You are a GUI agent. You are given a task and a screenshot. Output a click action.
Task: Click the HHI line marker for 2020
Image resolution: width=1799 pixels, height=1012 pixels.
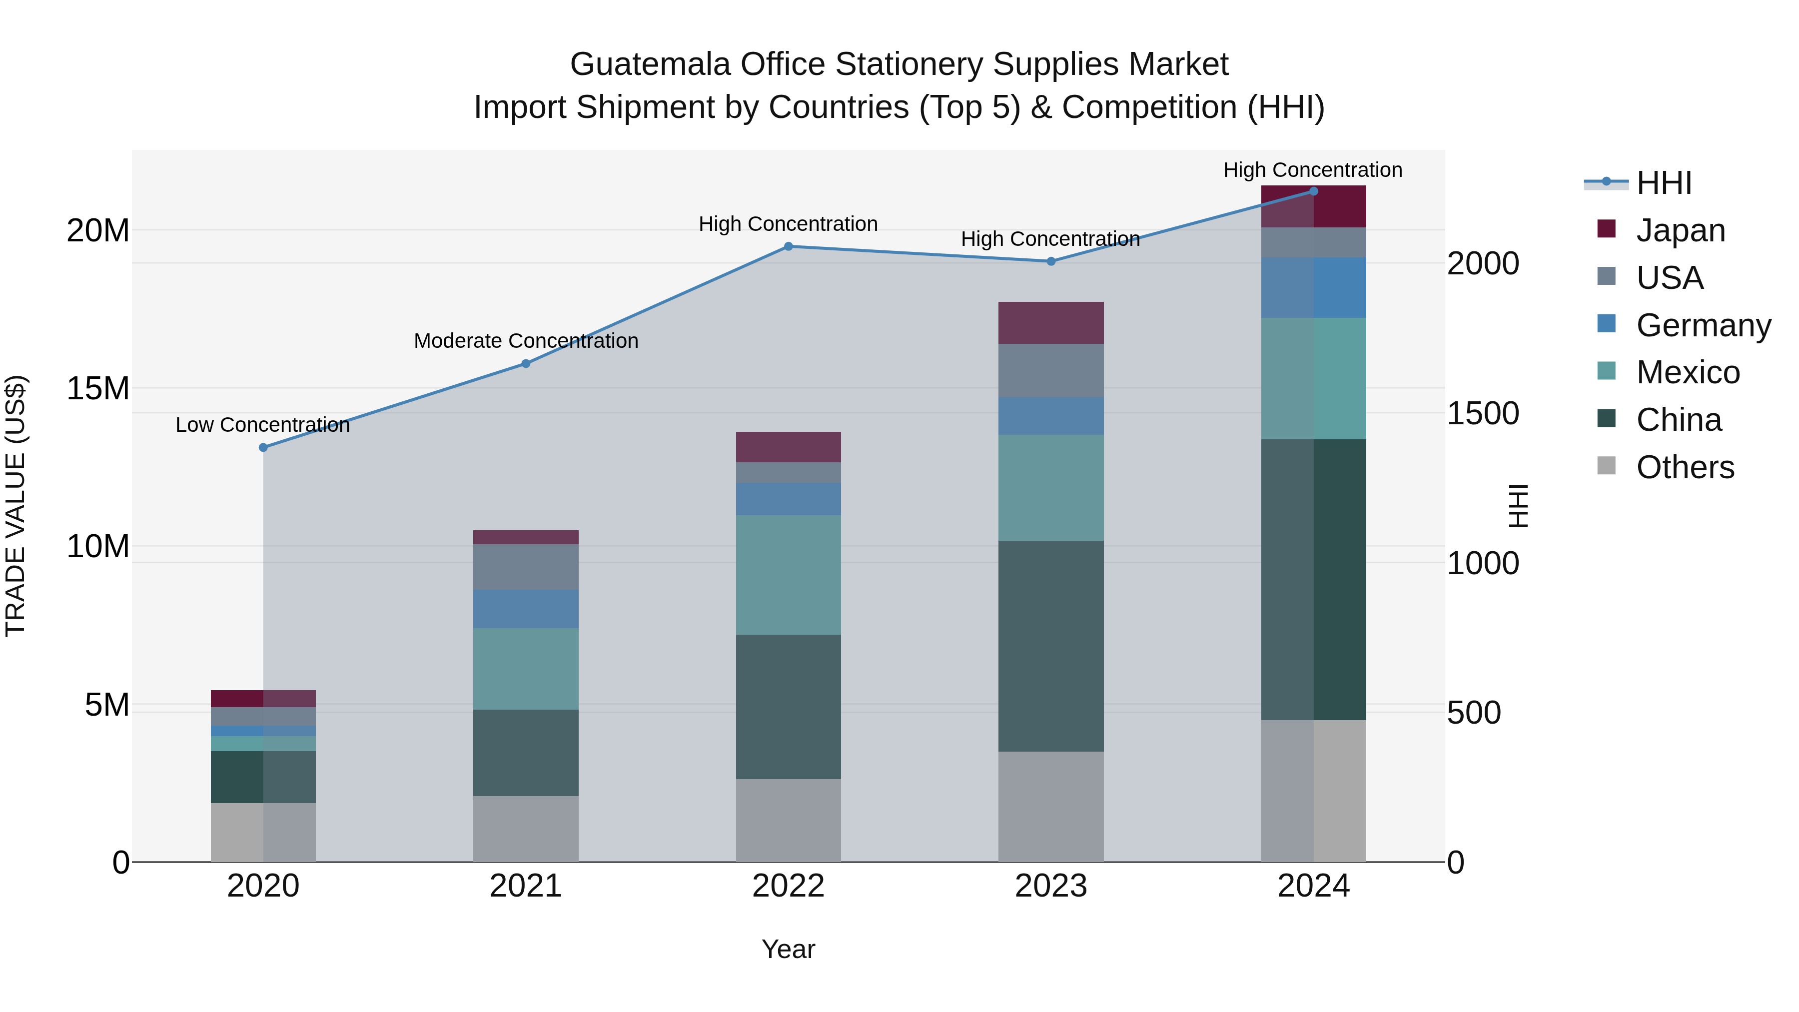263,448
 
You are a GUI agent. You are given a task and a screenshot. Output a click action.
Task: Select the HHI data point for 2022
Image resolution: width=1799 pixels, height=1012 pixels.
789,246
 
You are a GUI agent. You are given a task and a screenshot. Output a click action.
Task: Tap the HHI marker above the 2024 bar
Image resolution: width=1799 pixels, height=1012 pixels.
1314,191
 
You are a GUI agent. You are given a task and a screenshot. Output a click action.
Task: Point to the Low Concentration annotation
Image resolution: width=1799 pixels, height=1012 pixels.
262,425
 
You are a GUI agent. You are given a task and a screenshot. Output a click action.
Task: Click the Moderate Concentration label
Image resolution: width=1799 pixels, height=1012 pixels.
526,341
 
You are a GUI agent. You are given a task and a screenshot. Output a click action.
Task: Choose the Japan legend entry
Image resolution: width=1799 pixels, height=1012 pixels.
1680,230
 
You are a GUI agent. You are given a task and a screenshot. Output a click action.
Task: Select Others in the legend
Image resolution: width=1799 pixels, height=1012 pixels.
1685,467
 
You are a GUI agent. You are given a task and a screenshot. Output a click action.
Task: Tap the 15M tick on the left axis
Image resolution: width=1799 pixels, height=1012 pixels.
98,388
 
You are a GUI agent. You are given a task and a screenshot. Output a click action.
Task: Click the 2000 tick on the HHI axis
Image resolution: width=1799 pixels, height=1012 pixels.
1483,264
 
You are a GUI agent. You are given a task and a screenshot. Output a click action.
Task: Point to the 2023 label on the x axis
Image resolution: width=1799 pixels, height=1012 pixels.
1051,886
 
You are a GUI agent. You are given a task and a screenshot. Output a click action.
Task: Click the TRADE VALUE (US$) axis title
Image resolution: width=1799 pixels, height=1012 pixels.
15,506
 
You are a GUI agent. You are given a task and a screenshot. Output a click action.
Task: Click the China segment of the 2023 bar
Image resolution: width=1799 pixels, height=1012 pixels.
1051,646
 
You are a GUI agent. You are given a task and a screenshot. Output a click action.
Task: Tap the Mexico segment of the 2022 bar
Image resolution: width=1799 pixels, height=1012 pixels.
789,575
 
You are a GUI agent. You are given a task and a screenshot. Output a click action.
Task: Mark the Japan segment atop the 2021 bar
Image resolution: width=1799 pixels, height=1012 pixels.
526,537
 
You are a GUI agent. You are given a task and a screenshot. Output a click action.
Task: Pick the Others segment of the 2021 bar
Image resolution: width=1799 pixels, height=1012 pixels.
526,829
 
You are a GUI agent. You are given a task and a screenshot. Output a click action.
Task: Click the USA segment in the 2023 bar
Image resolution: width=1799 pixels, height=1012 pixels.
1051,371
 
